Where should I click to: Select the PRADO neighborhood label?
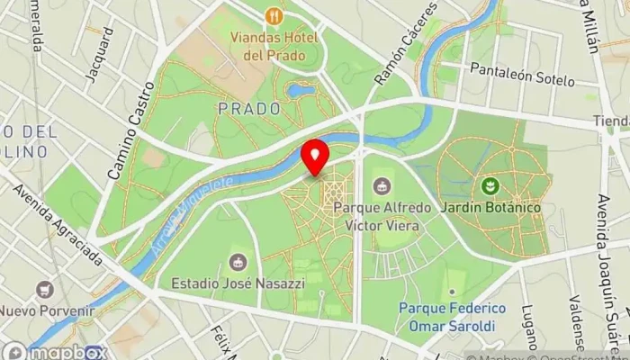[x=248, y=108]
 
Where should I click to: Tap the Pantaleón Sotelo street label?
[x=521, y=74]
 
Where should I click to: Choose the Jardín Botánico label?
[x=490, y=208]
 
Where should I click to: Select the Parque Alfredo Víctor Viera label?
[x=376, y=216]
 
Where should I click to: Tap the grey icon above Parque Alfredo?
[x=382, y=186]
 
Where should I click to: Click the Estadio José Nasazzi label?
[x=231, y=283]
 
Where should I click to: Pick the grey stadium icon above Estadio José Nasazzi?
[x=238, y=262]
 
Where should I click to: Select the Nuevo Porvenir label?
[x=47, y=311]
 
